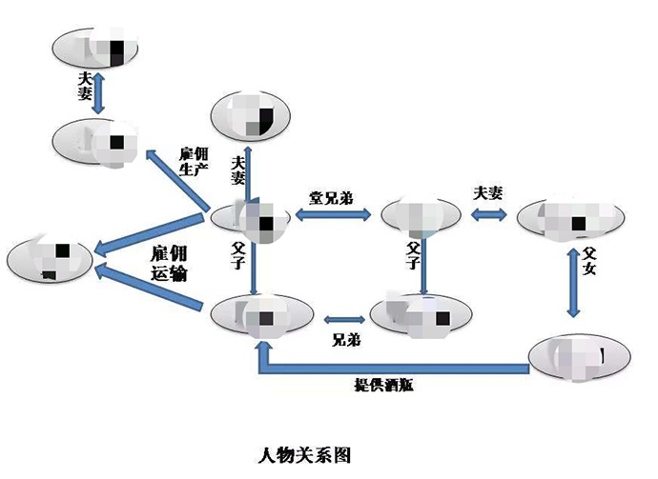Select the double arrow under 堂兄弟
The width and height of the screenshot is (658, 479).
pyautogui.click(x=333, y=216)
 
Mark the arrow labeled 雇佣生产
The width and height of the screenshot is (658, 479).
pyautogui.click(x=176, y=181)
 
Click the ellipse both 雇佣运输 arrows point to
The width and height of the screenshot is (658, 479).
pyautogui.click(x=49, y=258)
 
